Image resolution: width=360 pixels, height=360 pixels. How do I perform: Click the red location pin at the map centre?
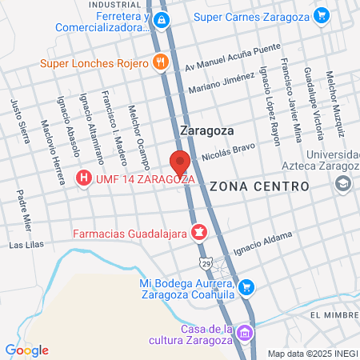180,161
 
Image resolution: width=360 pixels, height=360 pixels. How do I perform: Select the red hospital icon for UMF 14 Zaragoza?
82,178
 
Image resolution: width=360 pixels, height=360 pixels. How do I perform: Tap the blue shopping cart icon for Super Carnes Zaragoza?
322,14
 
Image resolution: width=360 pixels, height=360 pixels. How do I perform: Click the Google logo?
26,350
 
